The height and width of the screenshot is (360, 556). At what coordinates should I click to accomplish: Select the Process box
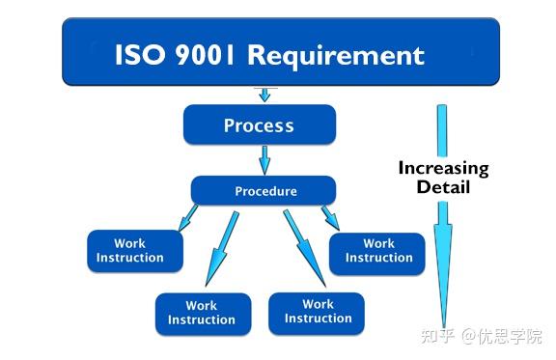point(259,125)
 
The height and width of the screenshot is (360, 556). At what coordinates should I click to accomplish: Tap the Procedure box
point(264,190)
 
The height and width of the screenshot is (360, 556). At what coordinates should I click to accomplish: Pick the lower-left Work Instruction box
point(202,314)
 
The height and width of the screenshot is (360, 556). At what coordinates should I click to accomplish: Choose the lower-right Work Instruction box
point(318,311)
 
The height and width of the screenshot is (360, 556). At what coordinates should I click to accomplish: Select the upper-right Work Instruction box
point(378,251)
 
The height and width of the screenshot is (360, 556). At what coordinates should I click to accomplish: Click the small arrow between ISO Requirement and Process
point(263,95)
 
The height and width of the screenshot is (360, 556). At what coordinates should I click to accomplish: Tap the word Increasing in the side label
point(443,168)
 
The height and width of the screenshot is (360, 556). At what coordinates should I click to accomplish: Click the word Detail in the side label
point(443,186)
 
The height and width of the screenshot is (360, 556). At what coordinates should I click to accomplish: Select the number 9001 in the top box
point(205,54)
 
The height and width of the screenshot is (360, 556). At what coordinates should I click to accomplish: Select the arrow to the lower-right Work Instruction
point(301,246)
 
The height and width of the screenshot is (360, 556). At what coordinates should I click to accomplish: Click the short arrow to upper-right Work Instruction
point(329,216)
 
